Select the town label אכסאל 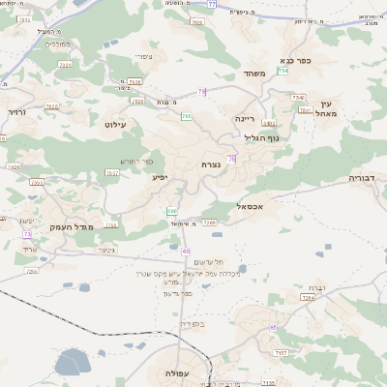(x=250, y=206)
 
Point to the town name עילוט (x=114, y=125)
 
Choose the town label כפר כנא (x=295, y=60)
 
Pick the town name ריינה (x=244, y=118)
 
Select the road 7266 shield (x=210, y=223)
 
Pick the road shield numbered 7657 (x=112, y=172)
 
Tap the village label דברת (x=315, y=288)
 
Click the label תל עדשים (x=204, y=262)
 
